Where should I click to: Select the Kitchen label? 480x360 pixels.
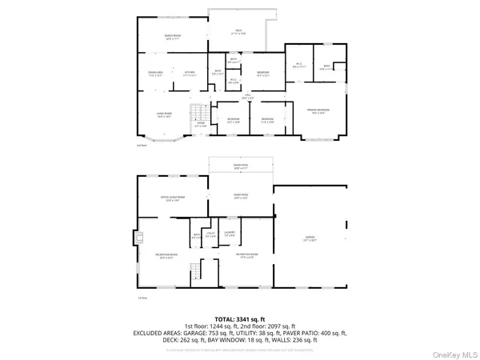click(x=190, y=74)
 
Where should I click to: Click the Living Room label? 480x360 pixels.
click(x=164, y=115)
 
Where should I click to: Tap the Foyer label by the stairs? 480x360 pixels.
click(x=202, y=124)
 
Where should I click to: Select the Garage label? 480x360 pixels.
click(x=310, y=238)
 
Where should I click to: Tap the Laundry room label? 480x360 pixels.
click(x=229, y=235)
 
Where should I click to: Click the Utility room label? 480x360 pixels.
click(x=210, y=235)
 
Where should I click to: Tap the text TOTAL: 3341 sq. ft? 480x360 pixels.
click(x=239, y=318)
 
